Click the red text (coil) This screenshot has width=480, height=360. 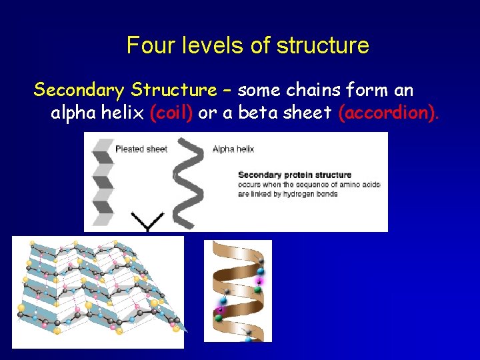(x=172, y=113)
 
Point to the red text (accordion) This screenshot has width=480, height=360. (x=389, y=113)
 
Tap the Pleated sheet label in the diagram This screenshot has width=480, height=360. (x=141, y=149)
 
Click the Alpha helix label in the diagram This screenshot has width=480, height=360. (x=233, y=149)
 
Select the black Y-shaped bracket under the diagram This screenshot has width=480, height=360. (x=147, y=222)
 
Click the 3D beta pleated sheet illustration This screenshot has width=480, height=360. (x=97, y=292)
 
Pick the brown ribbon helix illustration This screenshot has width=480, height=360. (x=237, y=291)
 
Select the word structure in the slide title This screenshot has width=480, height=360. (x=323, y=45)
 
